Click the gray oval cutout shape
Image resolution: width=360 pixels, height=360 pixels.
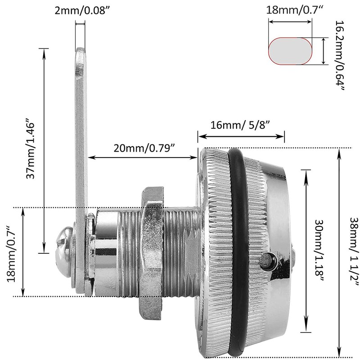[290, 51]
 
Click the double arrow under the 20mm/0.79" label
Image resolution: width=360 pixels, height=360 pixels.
[143, 157]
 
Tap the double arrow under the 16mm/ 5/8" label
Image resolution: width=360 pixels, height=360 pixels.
[241, 136]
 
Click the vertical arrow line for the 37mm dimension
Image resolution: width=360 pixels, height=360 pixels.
[45, 151]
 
